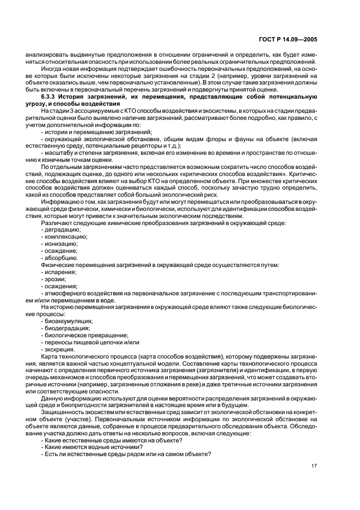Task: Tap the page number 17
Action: click(314, 465)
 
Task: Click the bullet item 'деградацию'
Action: click(62, 229)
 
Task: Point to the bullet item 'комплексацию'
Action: click(65, 236)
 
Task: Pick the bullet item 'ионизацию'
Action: click(60, 244)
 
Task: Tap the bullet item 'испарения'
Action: click(59, 272)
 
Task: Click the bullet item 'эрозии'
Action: click(54, 279)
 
